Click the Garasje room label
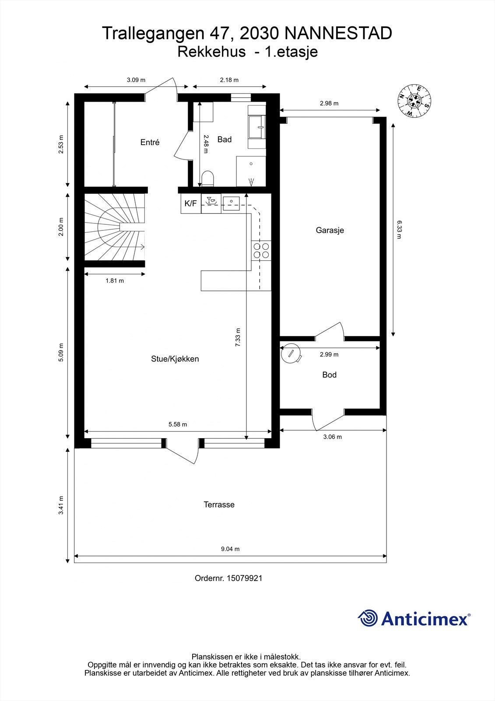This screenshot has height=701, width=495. [x=330, y=230]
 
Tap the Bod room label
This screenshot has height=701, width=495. [x=329, y=375]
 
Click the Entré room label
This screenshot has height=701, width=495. [x=150, y=142]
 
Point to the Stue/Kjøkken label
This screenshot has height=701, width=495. [x=175, y=359]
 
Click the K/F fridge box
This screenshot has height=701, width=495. [x=190, y=204]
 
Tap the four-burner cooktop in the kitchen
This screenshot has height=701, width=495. [x=261, y=250]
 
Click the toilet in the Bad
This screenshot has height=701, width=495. [x=207, y=179]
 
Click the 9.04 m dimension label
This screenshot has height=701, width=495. [x=230, y=549]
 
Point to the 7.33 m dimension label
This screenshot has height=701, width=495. [x=238, y=337]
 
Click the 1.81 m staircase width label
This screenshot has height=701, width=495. [x=114, y=281]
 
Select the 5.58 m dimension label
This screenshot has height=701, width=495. [x=178, y=424]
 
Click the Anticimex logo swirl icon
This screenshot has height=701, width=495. [x=368, y=618]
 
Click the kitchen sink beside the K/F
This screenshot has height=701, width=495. [x=231, y=202]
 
